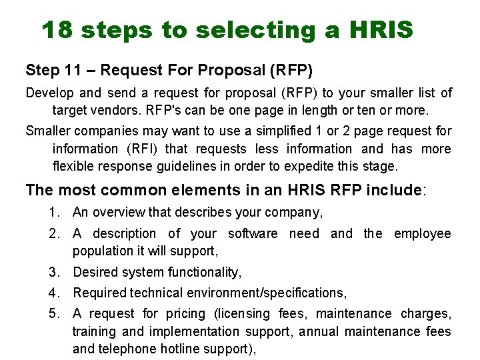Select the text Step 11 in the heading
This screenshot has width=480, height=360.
(51, 70)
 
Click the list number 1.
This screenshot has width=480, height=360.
(52, 213)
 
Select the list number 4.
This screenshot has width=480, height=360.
(52, 293)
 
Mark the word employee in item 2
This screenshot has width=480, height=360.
(422, 234)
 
